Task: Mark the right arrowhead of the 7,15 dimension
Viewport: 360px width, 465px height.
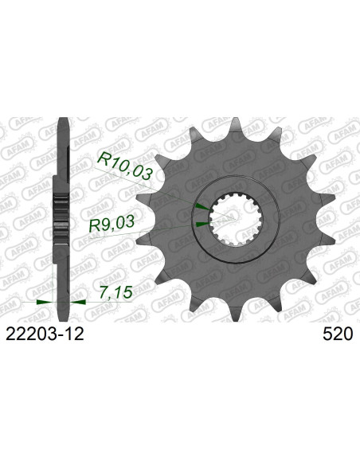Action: [x=78, y=303]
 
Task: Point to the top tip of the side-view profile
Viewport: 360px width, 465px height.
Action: [x=61, y=122]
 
